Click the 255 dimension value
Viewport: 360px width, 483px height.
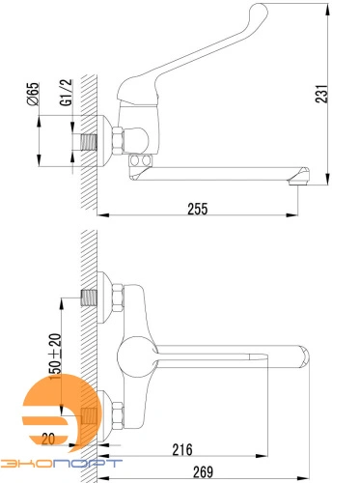point(198,209)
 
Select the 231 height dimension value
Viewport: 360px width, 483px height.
point(321,94)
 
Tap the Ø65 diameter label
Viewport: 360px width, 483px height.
point(33,94)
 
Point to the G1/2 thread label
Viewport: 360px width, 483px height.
point(67,93)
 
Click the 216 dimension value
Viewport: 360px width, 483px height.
point(182,450)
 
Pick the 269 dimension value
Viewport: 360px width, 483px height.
point(203,472)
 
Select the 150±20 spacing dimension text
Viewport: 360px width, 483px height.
point(55,356)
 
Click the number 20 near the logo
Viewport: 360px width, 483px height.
point(48,439)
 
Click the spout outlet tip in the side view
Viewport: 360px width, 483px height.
point(298,182)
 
